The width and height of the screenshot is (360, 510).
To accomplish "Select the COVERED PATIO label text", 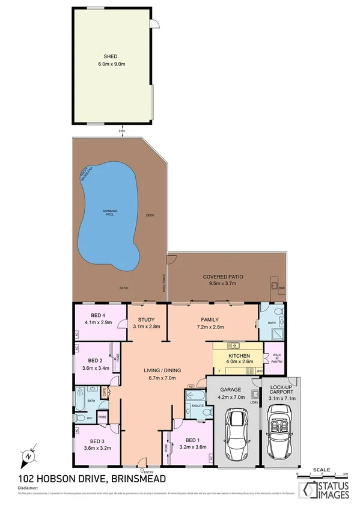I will click(x=222, y=277).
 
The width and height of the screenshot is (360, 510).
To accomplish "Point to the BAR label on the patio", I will click(x=281, y=289).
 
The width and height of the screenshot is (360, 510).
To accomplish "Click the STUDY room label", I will click(x=146, y=320).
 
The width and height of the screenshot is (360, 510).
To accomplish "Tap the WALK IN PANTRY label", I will click(x=276, y=358).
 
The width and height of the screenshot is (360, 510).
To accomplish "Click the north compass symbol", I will click(x=28, y=456).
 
